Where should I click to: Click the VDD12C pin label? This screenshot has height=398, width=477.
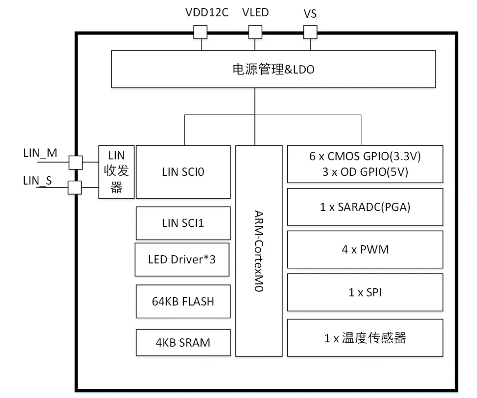pyautogui.click(x=206, y=13)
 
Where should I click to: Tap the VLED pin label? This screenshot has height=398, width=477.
pyautogui.click(x=255, y=12)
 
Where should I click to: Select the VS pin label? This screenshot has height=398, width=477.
pyautogui.click(x=310, y=14)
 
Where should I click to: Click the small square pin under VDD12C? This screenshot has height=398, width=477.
pyautogui.click(x=201, y=32)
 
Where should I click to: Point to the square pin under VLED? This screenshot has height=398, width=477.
pyautogui.click(x=255, y=32)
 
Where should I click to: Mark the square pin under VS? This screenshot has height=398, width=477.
pyautogui.click(x=310, y=32)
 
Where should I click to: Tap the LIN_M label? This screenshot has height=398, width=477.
pyautogui.click(x=40, y=153)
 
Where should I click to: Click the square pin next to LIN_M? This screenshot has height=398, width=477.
pyautogui.click(x=75, y=162)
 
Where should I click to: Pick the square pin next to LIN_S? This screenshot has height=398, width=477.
pyautogui.click(x=74, y=188)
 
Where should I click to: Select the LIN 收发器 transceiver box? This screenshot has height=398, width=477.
pyautogui.click(x=116, y=172)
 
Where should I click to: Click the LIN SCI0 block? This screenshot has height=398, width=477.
pyautogui.click(x=183, y=172)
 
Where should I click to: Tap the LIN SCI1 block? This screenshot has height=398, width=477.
pyautogui.click(x=183, y=223)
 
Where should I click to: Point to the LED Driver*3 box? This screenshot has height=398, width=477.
pyautogui.click(x=182, y=259)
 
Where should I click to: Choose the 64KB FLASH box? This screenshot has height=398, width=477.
pyautogui.click(x=183, y=301)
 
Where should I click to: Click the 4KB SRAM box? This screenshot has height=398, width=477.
pyautogui.click(x=183, y=342)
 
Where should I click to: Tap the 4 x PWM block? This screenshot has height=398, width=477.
pyautogui.click(x=365, y=249)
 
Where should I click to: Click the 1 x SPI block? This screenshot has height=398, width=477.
pyautogui.click(x=365, y=292)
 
